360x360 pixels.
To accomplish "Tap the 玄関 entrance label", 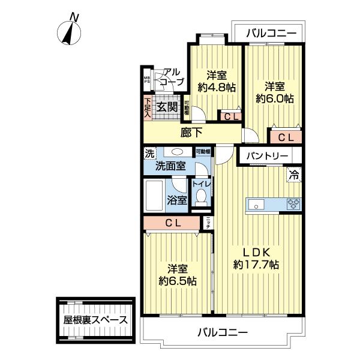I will [x=166, y=107].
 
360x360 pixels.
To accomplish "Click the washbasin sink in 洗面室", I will [x=178, y=152].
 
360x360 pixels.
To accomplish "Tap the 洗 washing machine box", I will [x=149, y=153].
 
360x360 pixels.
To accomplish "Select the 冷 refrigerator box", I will [x=294, y=175].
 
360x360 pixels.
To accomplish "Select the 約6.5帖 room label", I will [x=177, y=275].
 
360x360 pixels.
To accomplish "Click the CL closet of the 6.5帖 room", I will [x=173, y=223].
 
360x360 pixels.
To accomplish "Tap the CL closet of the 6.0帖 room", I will [x=286, y=137].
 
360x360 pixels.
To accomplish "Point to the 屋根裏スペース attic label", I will [x=95, y=319].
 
